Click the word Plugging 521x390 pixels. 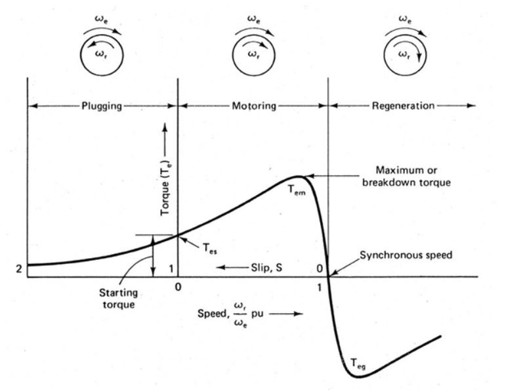point(102,105)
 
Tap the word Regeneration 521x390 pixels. point(402,105)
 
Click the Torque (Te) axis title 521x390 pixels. point(165,192)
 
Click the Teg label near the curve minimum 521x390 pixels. point(358,362)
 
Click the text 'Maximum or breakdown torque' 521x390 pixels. point(407,177)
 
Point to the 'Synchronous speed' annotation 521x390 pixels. point(406,255)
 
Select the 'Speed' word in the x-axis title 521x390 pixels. point(211,313)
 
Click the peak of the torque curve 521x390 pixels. point(297,176)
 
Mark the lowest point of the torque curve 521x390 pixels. point(362,377)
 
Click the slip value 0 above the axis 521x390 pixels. point(319,268)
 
